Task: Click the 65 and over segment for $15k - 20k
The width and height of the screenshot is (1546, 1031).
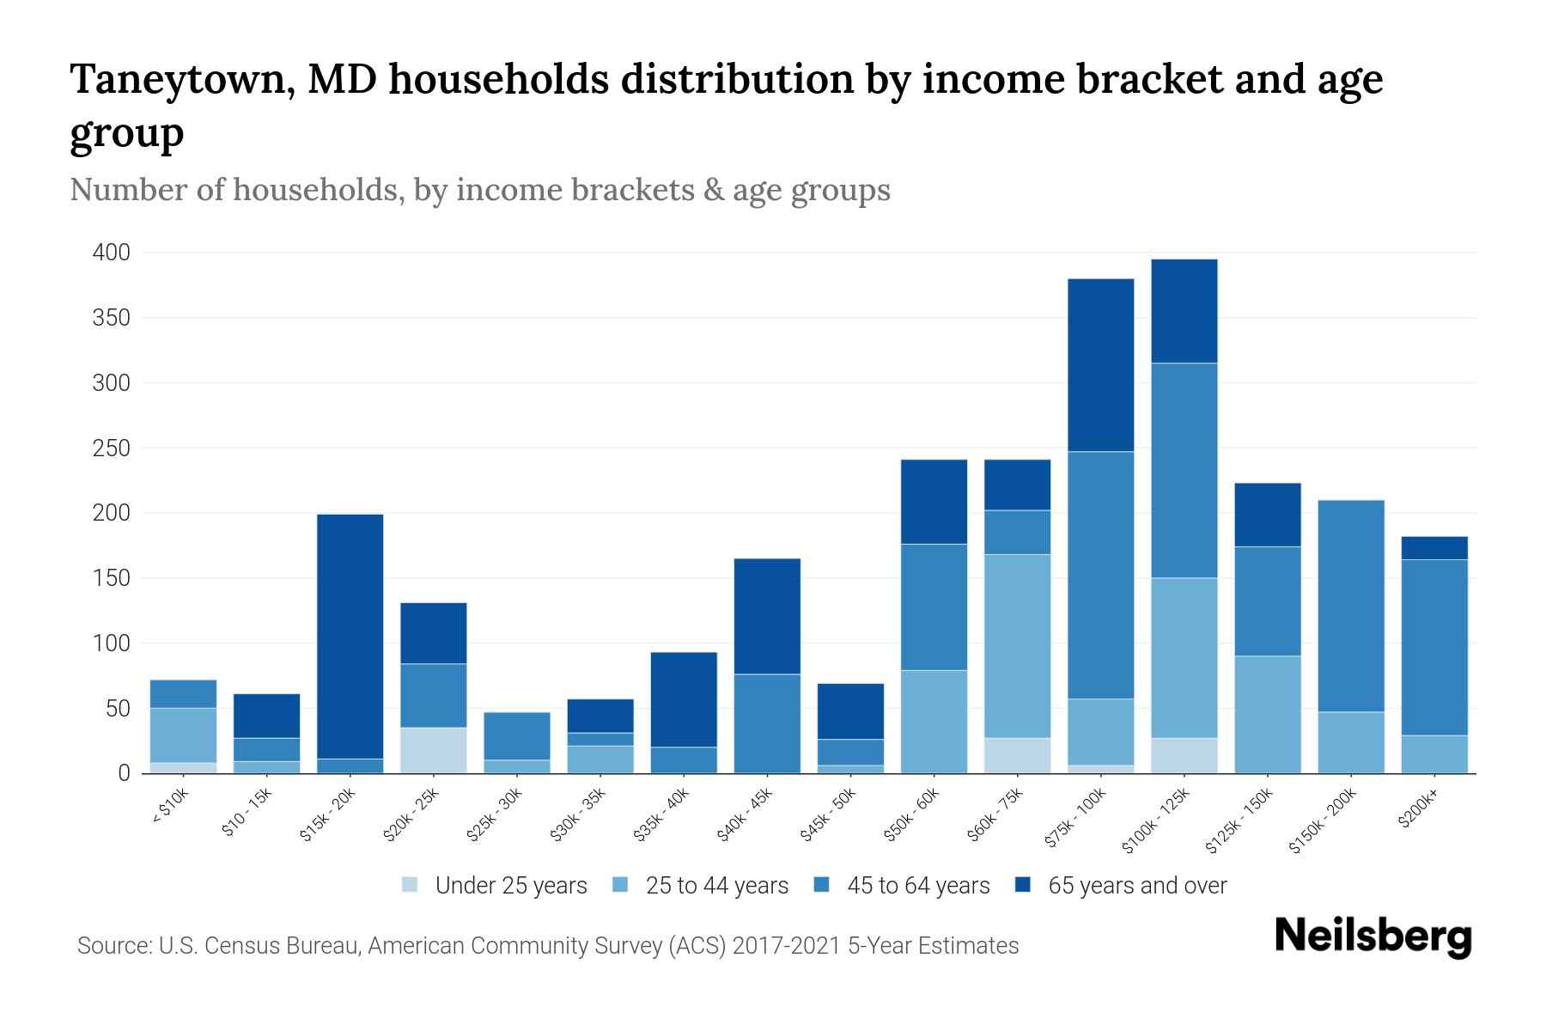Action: click(350, 636)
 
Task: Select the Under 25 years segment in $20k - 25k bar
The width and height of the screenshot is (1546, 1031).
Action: click(434, 750)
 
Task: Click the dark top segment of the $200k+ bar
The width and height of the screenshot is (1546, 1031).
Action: click(1434, 548)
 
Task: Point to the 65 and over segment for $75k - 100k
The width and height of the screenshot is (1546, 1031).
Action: click(1101, 365)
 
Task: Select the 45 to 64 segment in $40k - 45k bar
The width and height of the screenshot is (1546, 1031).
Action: click(767, 723)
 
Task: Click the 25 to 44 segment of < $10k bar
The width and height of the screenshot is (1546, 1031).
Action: click(183, 735)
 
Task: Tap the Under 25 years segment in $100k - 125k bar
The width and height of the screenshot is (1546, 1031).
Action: click(1184, 755)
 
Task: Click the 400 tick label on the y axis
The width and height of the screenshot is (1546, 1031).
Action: click(112, 253)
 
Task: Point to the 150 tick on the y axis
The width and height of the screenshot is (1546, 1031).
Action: click(112, 578)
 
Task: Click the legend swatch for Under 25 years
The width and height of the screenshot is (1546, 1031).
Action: click(410, 885)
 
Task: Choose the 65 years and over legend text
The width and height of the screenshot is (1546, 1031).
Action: click(1137, 886)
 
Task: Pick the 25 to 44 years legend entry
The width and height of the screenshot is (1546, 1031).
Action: click(716, 886)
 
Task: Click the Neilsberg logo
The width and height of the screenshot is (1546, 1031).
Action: click(1373, 937)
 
